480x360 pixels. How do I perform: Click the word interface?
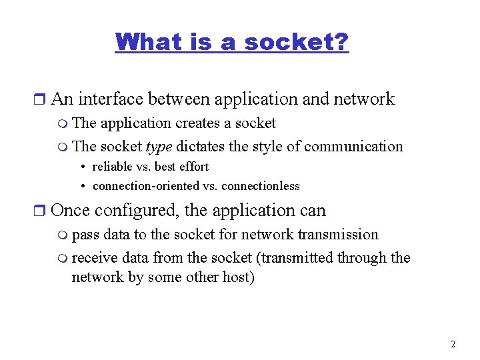[111, 99]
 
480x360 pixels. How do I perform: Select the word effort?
[193, 167]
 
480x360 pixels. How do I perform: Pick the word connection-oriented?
[146, 186]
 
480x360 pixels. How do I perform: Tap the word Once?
[71, 211]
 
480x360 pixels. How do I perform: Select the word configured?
[137, 211]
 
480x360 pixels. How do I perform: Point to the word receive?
[91, 258]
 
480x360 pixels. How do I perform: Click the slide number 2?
[453, 345]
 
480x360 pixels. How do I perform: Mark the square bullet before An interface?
[40, 100]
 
